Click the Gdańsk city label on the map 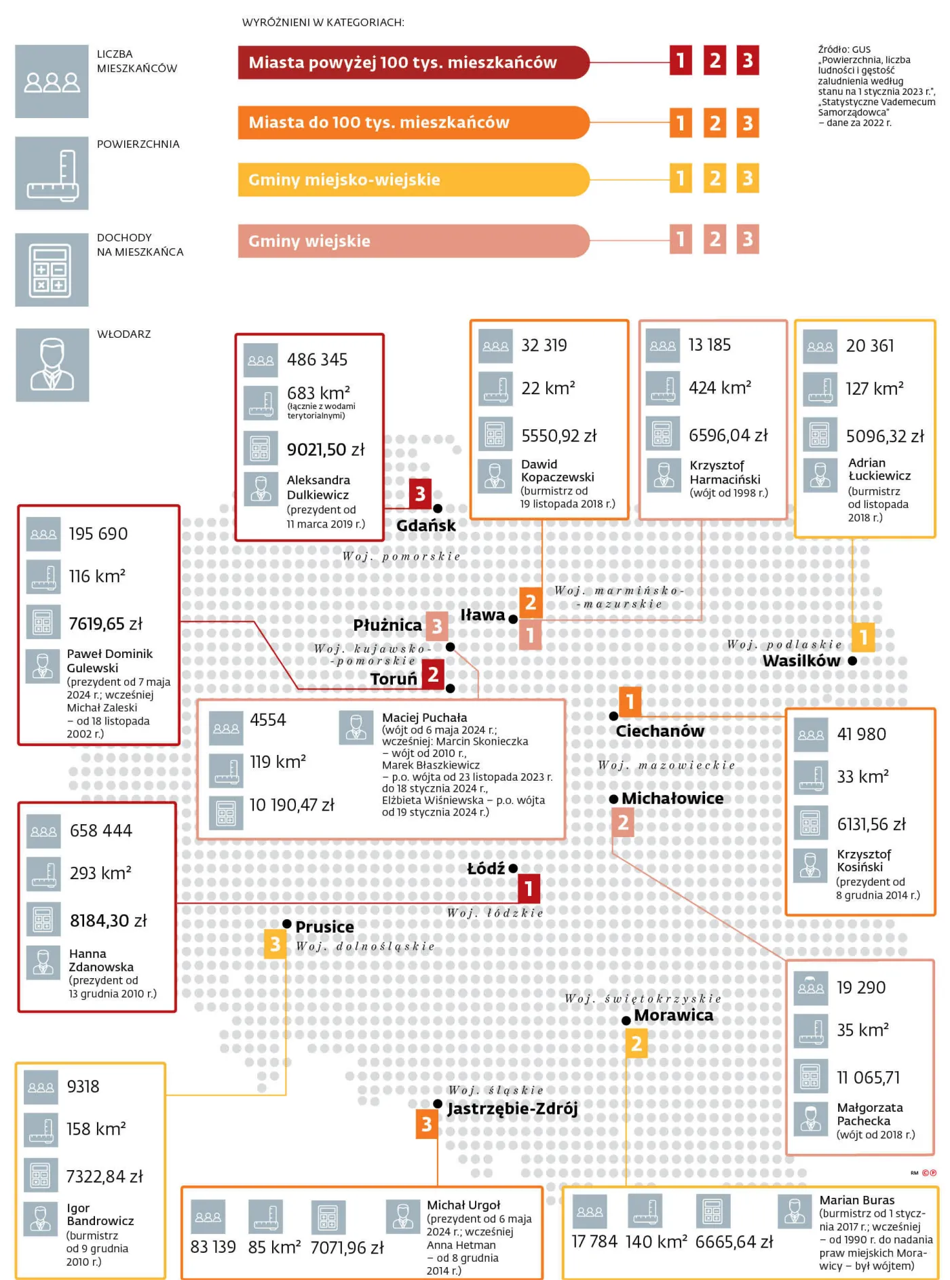(425, 525)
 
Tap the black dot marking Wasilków (852, 661)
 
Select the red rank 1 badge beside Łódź (529, 888)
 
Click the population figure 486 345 (317, 360)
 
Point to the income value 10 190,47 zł (292, 805)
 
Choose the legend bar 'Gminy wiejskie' (413, 241)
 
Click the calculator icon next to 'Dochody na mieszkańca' (52, 270)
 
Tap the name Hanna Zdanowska (101, 961)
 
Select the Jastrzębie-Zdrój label (512, 1109)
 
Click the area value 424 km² (720, 387)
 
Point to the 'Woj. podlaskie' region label (784, 644)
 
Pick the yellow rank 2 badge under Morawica (636, 1044)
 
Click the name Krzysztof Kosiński (863, 861)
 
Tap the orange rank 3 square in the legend (748, 123)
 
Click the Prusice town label (324, 927)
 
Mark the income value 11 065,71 (868, 1078)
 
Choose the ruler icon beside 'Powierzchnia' (52, 173)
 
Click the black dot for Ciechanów (613, 716)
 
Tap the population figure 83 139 (213, 1247)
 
